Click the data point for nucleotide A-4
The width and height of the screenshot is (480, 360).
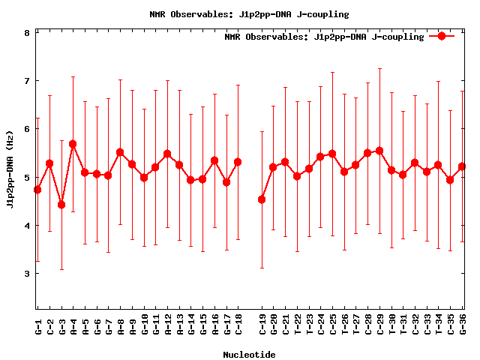[73, 144]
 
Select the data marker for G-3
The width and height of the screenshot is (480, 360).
[61, 205]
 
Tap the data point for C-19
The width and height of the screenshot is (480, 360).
[262, 199]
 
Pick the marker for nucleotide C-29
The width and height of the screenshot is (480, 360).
[379, 151]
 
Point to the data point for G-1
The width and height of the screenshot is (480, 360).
[37, 190]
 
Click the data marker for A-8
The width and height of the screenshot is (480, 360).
[120, 152]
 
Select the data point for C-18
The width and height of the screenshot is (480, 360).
[238, 162]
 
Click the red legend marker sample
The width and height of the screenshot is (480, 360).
[442, 36]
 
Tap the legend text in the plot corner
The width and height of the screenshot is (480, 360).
[324, 37]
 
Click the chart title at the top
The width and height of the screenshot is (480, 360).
[240, 14]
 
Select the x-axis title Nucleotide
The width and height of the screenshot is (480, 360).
[249, 354]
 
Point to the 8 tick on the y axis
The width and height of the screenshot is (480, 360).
[27, 33]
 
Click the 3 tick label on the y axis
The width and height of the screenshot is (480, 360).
[27, 274]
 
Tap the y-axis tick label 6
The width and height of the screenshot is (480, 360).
[27, 129]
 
